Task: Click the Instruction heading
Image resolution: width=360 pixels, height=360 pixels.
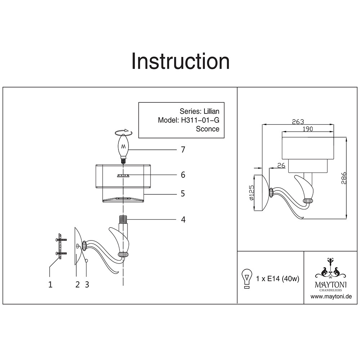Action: pyautogui.click(x=180, y=61)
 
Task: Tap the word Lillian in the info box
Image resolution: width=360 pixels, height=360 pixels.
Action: pyautogui.click(x=209, y=111)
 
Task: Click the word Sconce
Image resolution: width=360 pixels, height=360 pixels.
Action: pyautogui.click(x=207, y=129)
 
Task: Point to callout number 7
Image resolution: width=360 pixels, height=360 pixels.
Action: pyautogui.click(x=183, y=149)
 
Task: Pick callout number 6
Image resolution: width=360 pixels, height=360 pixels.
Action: pyautogui.click(x=183, y=175)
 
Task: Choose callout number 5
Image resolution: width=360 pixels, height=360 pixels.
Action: pyautogui.click(x=183, y=194)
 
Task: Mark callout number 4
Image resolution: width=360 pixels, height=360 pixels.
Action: pyautogui.click(x=183, y=219)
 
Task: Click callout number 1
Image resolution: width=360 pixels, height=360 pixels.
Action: pyautogui.click(x=50, y=284)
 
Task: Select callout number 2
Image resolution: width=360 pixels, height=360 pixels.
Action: pyautogui.click(x=77, y=284)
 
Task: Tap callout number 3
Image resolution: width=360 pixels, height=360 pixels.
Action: pyautogui.click(x=87, y=284)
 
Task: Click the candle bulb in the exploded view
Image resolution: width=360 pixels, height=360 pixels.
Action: pyautogui.click(x=124, y=146)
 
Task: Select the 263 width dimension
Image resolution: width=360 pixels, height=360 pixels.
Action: pyautogui.click(x=298, y=121)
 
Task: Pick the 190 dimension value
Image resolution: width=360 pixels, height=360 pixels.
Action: pyautogui.click(x=307, y=129)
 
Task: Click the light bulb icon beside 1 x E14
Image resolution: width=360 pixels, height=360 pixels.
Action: pyautogui.click(x=247, y=278)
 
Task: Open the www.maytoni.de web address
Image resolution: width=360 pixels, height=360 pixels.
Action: pyautogui.click(x=331, y=297)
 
